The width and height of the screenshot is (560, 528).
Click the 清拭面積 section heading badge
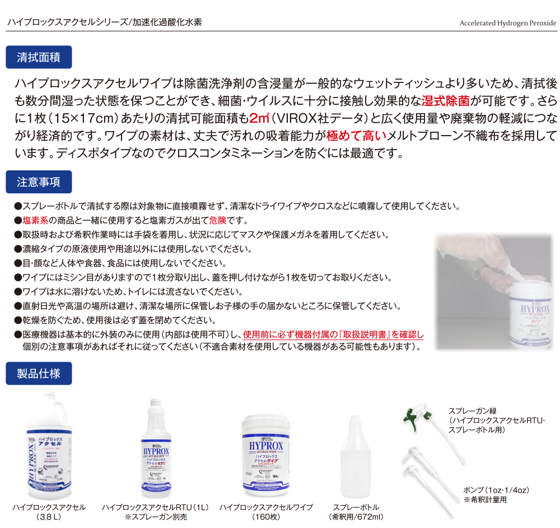[x=39, y=57]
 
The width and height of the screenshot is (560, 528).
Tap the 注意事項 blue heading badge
[x=39, y=182]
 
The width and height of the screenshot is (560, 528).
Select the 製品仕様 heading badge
[x=39, y=373]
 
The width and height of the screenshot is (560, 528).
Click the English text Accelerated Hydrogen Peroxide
[x=507, y=24]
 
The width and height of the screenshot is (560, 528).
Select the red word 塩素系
[x=38, y=220]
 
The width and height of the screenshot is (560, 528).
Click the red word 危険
[x=217, y=220]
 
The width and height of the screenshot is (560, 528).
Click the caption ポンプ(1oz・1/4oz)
[x=496, y=490]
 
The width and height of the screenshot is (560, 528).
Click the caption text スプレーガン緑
[x=472, y=411]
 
